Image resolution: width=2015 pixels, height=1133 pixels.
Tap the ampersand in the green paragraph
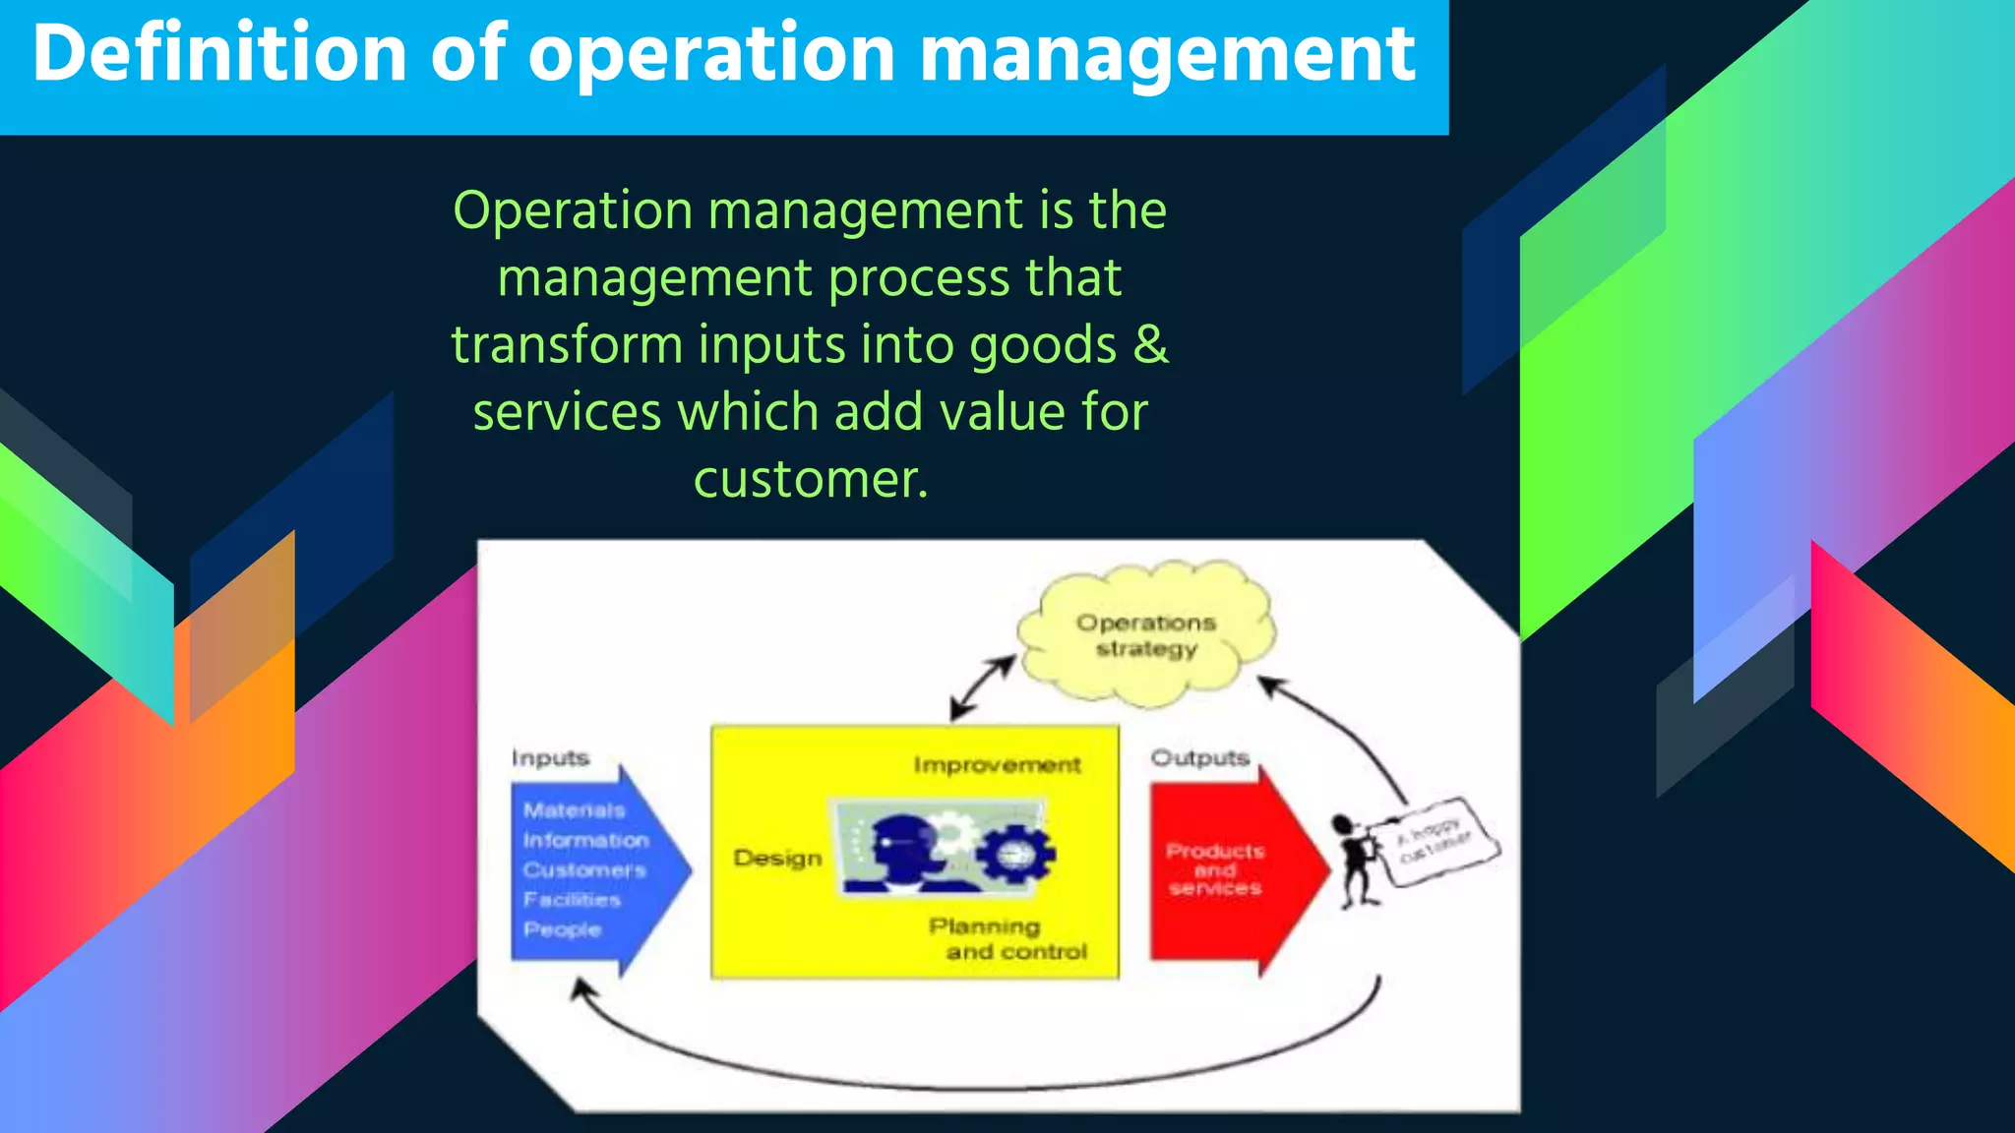(1149, 345)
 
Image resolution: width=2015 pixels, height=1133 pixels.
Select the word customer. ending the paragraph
(811, 480)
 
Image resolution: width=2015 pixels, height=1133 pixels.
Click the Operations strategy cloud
(1146, 635)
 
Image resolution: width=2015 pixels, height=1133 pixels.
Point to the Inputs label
(550, 758)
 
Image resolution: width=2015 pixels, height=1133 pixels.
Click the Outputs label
(1199, 758)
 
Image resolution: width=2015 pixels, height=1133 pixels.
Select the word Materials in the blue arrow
(574, 810)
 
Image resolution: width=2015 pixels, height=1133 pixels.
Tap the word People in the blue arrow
(562, 929)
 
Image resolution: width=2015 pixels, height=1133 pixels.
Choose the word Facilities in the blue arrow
(572, 900)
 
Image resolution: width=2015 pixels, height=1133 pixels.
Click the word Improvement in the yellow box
(997, 765)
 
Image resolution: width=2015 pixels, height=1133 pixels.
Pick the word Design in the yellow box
(777, 859)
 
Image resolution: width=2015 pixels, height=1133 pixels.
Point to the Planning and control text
(1007, 939)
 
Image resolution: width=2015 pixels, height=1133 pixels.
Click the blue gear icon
(1015, 853)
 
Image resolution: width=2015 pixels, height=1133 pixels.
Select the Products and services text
(1215, 869)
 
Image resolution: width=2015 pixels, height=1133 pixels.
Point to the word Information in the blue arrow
(585, 841)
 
